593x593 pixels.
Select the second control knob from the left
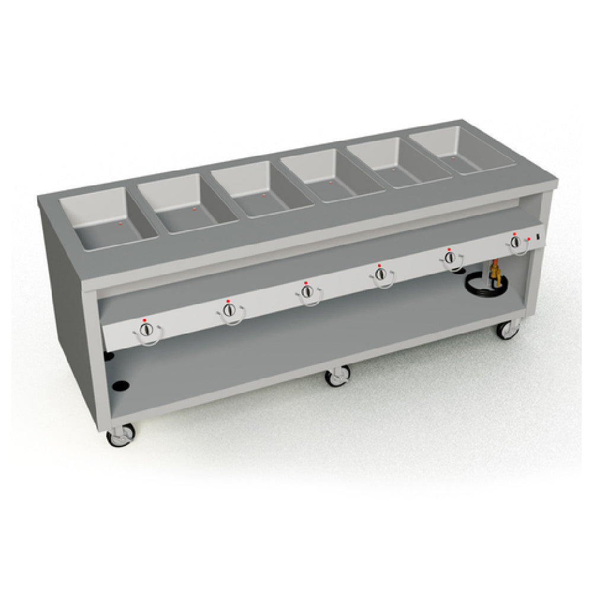229,310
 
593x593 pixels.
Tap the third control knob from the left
307,292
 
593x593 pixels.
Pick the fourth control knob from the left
380,274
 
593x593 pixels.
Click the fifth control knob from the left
449,257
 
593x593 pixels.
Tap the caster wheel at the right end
507,330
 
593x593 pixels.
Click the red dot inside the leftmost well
120,224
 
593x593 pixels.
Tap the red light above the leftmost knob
144,320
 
